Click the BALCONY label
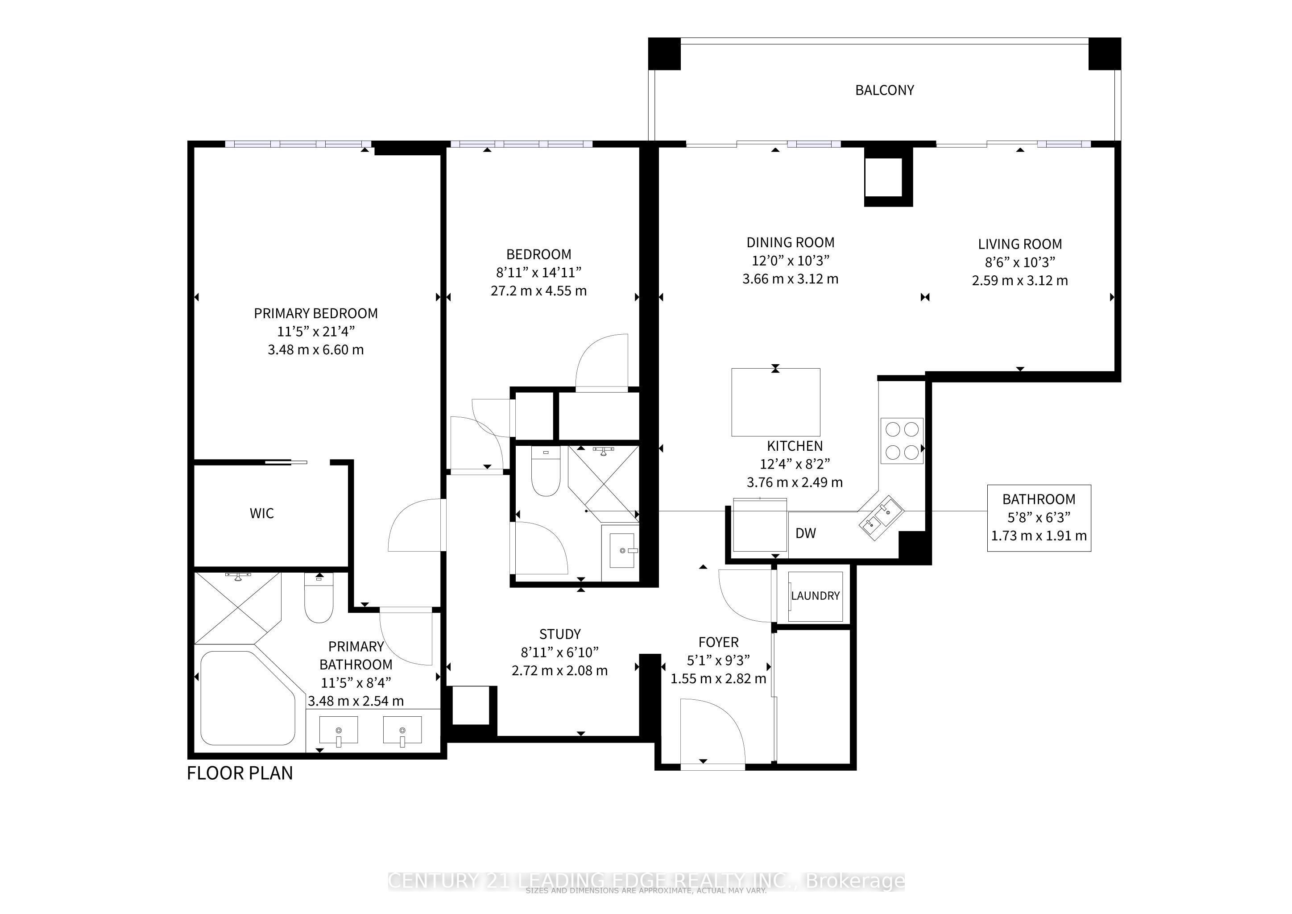tap(884, 90)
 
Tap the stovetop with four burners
tap(902, 440)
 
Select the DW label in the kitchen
tap(805, 533)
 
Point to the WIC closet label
tap(262, 513)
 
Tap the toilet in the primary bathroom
tap(319, 600)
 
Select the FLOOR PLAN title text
tap(240, 773)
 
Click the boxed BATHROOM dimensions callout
tap(1039, 518)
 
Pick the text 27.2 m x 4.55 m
tap(538, 291)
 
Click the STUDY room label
tap(559, 634)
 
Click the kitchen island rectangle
tap(775, 402)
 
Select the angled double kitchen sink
tap(881, 517)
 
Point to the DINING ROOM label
tap(790, 243)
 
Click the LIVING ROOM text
tap(1020, 244)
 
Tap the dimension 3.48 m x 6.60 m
tap(316, 350)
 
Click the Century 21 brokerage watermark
tap(646, 881)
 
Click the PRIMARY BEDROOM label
tap(316, 313)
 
